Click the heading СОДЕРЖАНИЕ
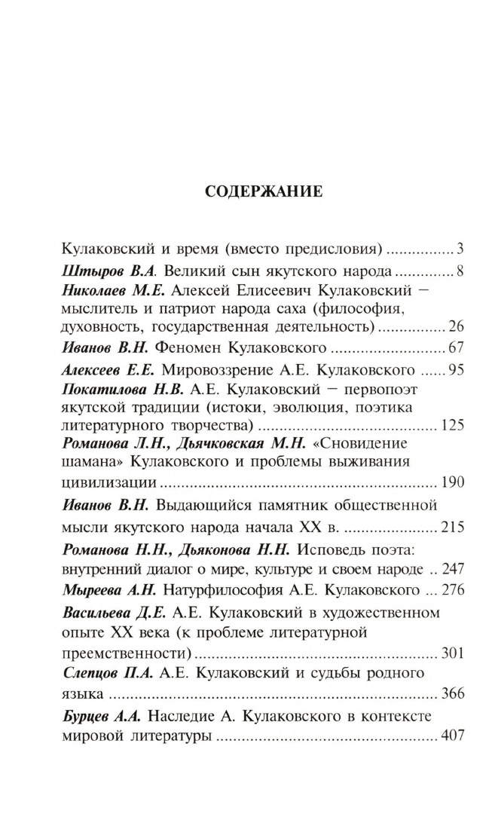264,192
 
